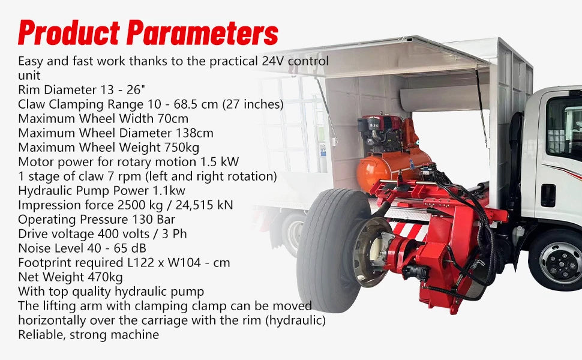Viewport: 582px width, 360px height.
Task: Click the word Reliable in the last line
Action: pos(40,334)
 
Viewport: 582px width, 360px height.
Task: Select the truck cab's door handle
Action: pos(548,195)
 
